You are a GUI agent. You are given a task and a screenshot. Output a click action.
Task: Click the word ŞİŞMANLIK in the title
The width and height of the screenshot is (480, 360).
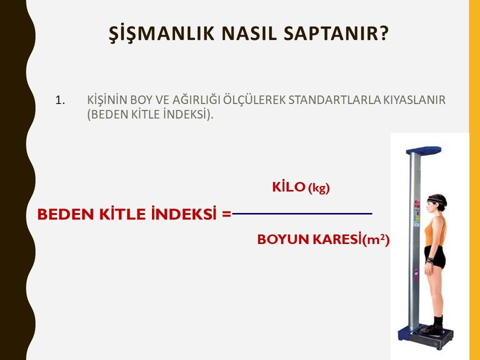tap(161, 33)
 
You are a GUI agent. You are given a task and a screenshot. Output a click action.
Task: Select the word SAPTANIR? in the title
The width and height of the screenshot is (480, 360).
tap(336, 33)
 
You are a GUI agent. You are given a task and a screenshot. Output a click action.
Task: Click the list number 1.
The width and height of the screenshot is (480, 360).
tap(60, 100)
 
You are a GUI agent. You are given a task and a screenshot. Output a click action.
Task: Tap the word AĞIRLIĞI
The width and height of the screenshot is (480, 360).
tap(196, 100)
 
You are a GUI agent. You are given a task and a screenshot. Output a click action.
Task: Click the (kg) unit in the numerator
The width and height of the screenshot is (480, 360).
tap(318, 188)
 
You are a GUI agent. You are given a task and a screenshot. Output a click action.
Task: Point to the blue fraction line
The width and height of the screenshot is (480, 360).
tap(302, 213)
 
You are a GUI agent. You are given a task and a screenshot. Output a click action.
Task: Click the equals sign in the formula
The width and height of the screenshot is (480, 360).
tap(226, 214)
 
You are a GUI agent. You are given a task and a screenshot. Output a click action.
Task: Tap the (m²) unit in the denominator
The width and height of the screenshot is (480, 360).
tap(375, 239)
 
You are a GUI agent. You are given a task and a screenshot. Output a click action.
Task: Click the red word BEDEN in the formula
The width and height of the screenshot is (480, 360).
tap(65, 214)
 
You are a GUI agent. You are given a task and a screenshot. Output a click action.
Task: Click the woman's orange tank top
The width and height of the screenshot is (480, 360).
tap(436, 230)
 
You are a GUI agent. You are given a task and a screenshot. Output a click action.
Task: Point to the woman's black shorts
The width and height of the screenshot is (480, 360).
tap(435, 256)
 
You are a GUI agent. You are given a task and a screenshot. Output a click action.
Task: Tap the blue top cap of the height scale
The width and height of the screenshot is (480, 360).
tap(423, 150)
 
